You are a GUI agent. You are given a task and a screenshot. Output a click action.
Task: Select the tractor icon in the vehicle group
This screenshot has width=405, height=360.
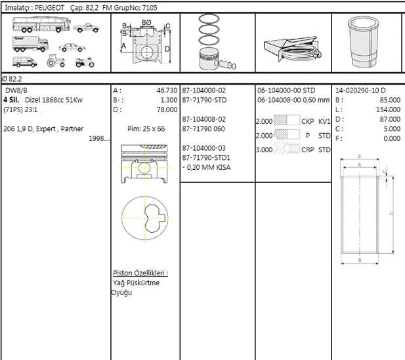click(x=55, y=63)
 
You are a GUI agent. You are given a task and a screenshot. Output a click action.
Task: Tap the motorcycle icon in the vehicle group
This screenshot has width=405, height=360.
click(x=83, y=63)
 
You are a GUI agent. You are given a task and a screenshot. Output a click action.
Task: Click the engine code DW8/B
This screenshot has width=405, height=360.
click(x=17, y=90)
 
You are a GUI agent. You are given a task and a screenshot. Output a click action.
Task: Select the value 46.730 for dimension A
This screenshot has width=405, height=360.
click(x=166, y=90)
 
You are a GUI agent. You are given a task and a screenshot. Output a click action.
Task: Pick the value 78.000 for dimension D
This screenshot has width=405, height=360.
click(x=166, y=110)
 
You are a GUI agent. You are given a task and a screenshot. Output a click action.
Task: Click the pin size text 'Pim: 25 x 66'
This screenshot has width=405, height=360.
click(x=145, y=129)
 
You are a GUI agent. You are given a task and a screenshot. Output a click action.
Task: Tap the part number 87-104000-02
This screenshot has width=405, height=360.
click(x=203, y=90)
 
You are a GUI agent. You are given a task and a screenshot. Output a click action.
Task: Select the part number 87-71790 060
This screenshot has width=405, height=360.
click(x=203, y=129)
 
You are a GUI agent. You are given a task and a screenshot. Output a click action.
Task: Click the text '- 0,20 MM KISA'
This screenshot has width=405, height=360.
click(x=207, y=167)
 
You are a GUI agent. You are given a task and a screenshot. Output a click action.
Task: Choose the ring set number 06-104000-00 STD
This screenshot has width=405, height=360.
click(x=286, y=90)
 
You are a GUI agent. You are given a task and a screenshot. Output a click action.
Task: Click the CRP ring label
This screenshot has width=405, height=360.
click(x=309, y=150)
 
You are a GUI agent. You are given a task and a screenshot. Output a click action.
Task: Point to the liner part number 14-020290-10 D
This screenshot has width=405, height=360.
click(x=360, y=90)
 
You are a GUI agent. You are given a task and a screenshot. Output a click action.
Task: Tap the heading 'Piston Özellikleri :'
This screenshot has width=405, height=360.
click(x=140, y=273)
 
